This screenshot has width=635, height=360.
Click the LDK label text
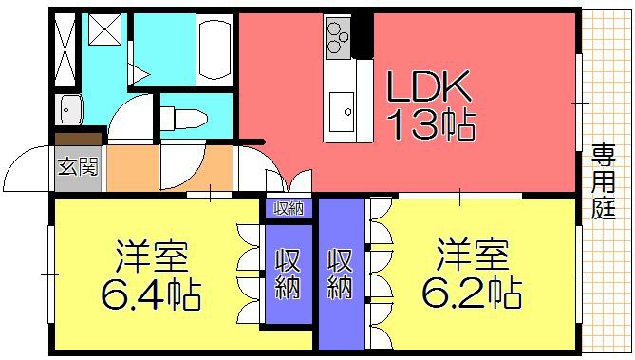point(428,88)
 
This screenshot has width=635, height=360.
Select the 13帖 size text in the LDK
point(429,123)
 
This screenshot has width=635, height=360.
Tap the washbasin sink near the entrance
point(70,108)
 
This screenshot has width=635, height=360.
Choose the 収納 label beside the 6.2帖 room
point(341,272)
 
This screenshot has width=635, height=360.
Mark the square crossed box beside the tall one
point(102,32)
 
